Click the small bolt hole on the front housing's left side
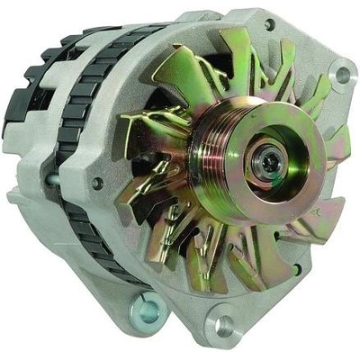pos(97,183)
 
